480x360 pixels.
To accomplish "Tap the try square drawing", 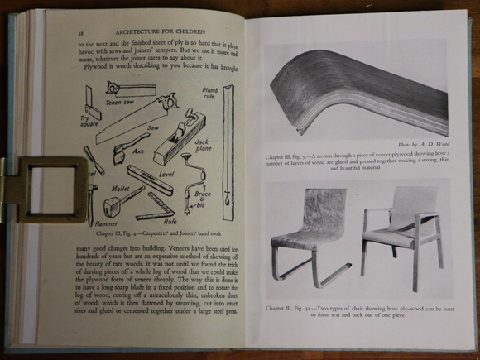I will (x=92, y=103).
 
